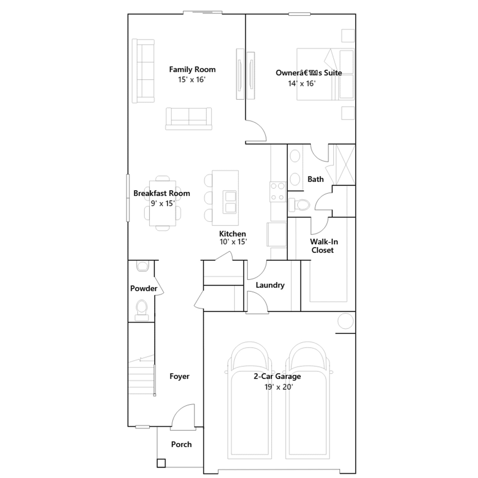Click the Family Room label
pos(192,70)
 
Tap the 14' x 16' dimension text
pos(302,84)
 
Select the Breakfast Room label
pos(162,193)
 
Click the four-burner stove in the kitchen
pos(278,191)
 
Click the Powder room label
pos(144,289)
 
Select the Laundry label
pos(270,285)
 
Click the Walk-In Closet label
pos(324,246)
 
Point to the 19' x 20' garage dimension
pos(278,387)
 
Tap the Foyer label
pos(179,376)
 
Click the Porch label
pos(181,445)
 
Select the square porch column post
pos(161,463)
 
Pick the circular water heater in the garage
pos(345,321)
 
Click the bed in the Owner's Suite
pos(325,74)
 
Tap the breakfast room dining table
pos(163,203)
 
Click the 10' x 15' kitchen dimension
pos(233,242)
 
